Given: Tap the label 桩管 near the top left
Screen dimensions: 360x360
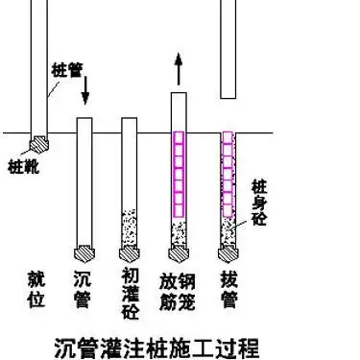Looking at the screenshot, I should [x=65, y=71].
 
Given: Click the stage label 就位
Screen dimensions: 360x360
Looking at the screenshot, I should [x=36, y=289].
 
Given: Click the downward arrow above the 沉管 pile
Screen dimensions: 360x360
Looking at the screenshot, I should [x=85, y=92].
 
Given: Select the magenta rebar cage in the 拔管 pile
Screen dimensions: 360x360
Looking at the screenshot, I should [x=228, y=173].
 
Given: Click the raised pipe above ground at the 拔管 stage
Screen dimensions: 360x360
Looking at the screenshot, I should [x=228, y=48].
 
